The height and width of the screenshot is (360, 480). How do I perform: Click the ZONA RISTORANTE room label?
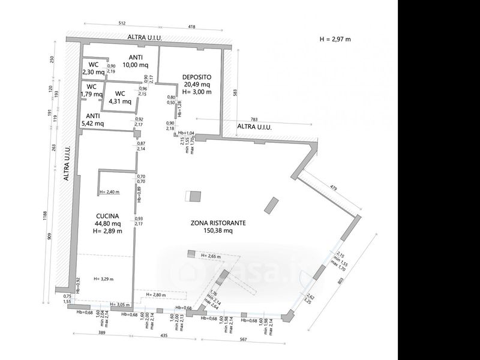218,223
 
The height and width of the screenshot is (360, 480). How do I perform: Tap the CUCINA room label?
107,216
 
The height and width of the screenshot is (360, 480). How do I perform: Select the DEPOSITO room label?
197,77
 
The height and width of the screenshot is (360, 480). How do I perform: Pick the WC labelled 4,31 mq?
120,94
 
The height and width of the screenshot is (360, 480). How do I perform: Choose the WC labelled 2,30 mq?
93,65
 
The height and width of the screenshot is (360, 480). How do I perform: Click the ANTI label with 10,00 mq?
135,58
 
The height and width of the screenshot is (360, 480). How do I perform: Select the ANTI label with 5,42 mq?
93,116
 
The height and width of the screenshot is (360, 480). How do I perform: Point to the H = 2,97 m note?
335,38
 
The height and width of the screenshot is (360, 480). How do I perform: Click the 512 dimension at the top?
122,25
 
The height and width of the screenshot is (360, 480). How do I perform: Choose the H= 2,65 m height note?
211,256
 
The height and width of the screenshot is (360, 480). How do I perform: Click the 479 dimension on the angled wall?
334,188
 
